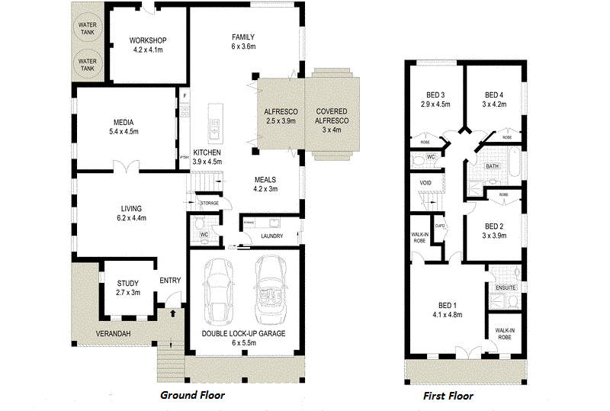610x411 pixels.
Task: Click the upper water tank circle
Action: point(88,29)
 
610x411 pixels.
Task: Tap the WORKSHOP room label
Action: point(147,45)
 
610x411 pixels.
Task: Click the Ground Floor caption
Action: point(192,396)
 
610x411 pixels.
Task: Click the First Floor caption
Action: point(448,396)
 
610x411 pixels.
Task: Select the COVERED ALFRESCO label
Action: point(332,116)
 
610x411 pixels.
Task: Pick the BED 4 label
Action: point(494,100)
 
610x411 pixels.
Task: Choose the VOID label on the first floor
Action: point(426,184)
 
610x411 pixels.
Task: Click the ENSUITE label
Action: point(506,287)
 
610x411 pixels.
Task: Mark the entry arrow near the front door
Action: point(172,313)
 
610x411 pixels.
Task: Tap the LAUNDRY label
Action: point(271,236)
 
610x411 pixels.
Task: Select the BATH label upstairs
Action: point(492,165)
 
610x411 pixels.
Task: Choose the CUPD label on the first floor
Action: point(440,226)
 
